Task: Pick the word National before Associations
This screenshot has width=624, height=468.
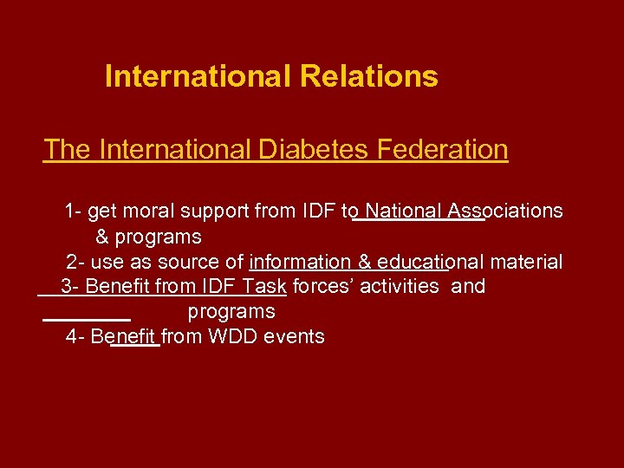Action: click(x=405, y=211)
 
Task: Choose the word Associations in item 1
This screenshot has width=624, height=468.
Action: click(x=506, y=211)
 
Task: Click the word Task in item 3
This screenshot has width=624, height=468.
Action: click(x=264, y=287)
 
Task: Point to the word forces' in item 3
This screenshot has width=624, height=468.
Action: click(x=323, y=287)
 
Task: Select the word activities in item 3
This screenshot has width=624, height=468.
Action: click(x=399, y=287)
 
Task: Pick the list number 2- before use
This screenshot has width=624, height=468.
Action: click(x=75, y=262)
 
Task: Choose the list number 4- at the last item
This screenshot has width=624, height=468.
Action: click(x=75, y=336)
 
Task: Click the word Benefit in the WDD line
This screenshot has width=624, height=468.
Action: click(x=123, y=336)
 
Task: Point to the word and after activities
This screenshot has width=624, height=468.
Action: click(x=468, y=287)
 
